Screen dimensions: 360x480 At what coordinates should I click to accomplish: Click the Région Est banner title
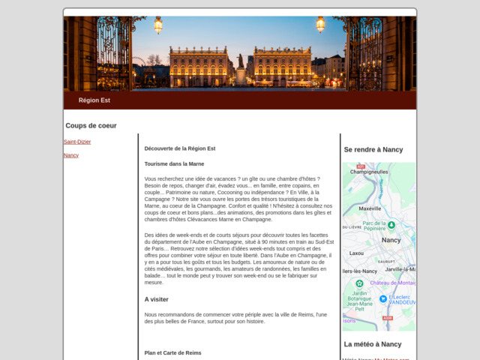[94, 100]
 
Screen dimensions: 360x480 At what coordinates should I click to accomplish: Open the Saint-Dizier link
[77, 142]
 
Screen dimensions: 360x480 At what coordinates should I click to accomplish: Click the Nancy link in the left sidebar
[71, 155]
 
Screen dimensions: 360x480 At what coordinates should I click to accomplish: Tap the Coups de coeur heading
[91, 125]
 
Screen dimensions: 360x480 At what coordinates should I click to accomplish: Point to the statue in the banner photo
[241, 61]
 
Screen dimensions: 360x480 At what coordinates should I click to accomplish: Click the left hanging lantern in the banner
[158, 25]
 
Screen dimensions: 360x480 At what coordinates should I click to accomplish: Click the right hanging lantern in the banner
[320, 24]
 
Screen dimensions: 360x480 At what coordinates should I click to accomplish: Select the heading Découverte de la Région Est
[180, 148]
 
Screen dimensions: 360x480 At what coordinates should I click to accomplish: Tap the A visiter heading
[157, 299]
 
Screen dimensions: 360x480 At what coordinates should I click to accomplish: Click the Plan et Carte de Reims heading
[173, 352]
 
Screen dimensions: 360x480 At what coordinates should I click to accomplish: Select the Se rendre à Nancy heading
[373, 149]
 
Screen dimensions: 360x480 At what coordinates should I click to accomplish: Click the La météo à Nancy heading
[373, 344]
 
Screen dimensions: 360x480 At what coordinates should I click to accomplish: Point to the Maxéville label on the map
[370, 208]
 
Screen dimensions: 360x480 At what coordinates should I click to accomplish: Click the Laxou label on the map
[356, 253]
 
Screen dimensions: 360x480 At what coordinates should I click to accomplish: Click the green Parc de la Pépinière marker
[391, 224]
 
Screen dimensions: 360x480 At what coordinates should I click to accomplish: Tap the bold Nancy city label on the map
[391, 240]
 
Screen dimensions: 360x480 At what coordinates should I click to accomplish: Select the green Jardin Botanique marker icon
[359, 283]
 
